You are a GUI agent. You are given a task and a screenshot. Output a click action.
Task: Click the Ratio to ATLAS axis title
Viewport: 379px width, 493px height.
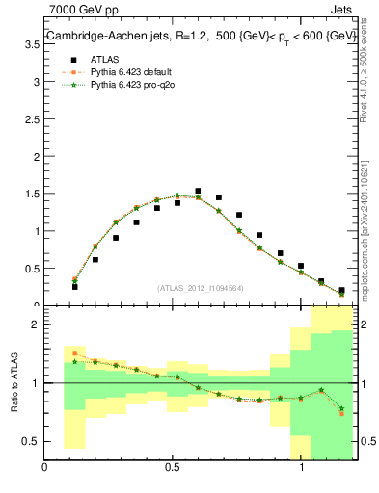pyautogui.click(x=14, y=382)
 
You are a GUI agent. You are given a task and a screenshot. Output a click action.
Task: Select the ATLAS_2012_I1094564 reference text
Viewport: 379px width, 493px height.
pyautogui.click(x=199, y=287)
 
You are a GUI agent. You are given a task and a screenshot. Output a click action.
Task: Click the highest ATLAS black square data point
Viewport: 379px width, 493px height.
pyautogui.click(x=198, y=192)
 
